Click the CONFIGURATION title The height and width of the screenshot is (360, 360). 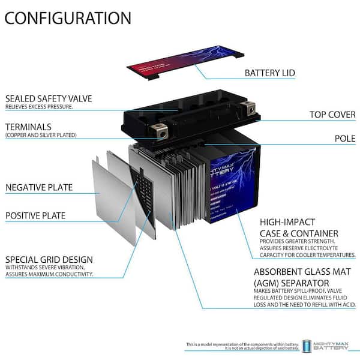click(68, 17)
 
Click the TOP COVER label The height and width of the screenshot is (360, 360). click(332, 114)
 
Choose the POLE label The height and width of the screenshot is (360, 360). click(344, 139)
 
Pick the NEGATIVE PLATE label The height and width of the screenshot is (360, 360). click(39, 187)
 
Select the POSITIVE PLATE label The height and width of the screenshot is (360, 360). click(35, 215)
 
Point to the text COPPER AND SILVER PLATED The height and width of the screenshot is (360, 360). click(41, 136)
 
